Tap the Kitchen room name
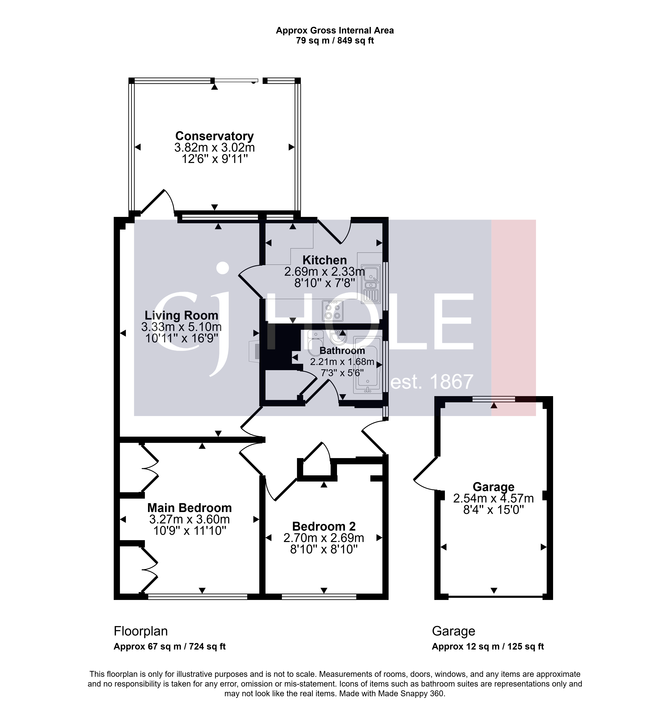tap(324, 260)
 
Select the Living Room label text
tap(181, 315)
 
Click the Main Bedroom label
tap(190, 508)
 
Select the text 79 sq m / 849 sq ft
tap(335, 41)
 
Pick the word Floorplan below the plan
tap(141, 631)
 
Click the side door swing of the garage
tap(426, 473)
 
